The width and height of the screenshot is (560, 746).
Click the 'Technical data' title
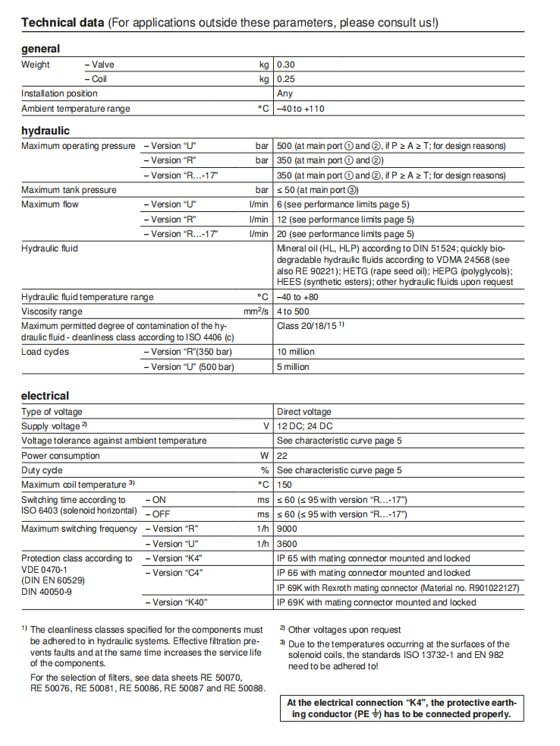click(x=63, y=23)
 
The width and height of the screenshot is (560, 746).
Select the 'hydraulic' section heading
click(x=46, y=131)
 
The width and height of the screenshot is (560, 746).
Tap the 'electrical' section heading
click(x=45, y=396)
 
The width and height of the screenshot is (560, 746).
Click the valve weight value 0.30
click(x=286, y=65)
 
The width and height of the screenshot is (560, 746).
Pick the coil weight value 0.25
click(x=286, y=79)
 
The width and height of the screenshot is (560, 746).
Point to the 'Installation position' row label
click(x=59, y=93)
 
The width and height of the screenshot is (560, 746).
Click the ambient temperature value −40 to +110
click(x=300, y=109)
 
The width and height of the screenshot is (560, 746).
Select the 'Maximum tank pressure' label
click(x=69, y=190)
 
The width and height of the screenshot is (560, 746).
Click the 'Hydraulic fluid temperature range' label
click(x=87, y=297)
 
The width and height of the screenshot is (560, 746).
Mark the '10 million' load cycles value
click(x=295, y=352)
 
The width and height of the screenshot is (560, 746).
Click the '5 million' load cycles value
click(x=293, y=367)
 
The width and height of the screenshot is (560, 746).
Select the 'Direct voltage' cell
click(x=304, y=412)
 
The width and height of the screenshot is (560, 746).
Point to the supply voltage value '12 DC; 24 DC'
click(x=305, y=426)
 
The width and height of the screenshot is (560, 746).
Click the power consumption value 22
click(x=282, y=456)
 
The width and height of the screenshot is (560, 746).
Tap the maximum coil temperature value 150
click(x=285, y=485)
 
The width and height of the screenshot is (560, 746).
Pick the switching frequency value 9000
click(x=287, y=529)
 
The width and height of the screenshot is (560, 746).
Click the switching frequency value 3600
click(x=287, y=544)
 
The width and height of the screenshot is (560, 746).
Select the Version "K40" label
click(x=176, y=602)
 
